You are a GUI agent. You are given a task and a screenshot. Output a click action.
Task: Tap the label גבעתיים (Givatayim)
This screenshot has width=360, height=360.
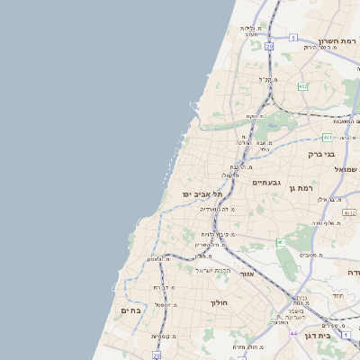click(266, 183)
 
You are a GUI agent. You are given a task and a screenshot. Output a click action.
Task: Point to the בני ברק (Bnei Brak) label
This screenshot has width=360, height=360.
click(320, 154)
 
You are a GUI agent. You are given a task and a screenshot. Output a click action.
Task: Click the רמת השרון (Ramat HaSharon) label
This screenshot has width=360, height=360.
click(337, 42)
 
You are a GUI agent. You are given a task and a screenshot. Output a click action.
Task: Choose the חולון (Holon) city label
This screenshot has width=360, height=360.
click(220, 302)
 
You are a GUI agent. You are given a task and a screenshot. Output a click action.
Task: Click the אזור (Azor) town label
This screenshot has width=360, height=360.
click(248, 273)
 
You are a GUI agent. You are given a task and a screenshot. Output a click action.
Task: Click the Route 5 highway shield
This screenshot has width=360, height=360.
click(293, 37)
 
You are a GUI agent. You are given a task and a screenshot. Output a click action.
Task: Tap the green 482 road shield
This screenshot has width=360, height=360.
click(303, 86)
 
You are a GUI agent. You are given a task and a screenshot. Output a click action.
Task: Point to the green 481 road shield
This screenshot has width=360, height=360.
click(328, 138)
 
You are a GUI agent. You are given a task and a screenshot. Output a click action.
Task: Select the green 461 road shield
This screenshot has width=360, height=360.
click(281, 242)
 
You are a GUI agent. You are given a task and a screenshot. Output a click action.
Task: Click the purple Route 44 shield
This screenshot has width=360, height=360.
click(296, 333)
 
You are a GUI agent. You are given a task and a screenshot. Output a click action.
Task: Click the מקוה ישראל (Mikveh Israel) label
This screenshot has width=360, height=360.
click(214, 270)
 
